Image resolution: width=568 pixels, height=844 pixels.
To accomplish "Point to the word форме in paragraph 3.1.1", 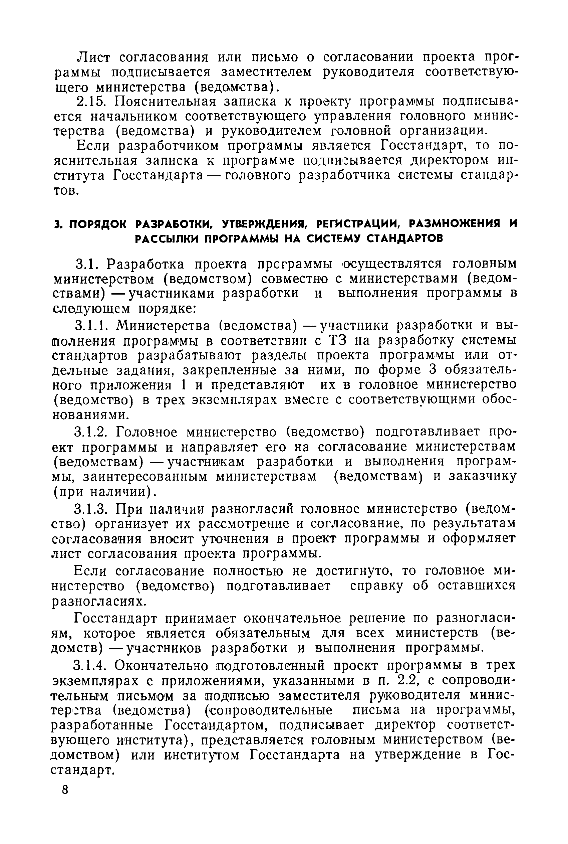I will pyautogui.click(x=399, y=370).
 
